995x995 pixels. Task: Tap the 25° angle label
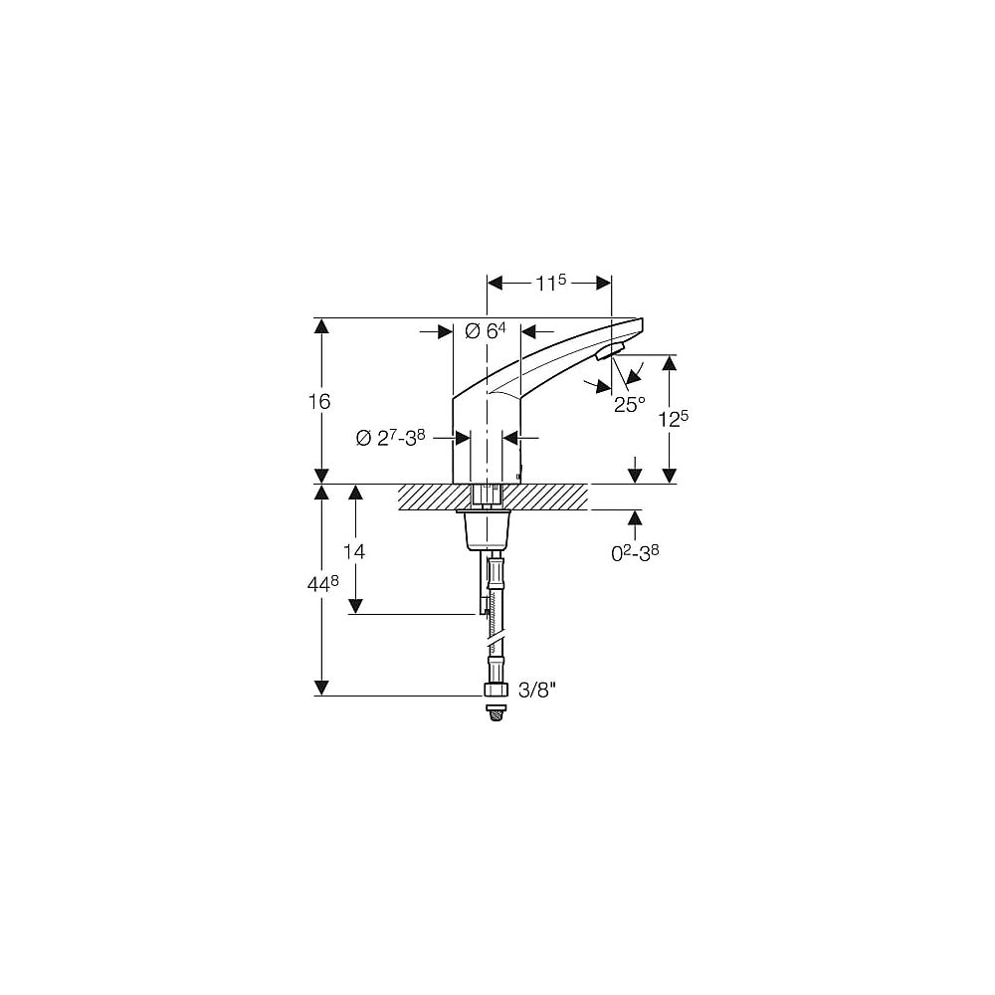click(629, 403)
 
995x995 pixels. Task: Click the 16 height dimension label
click(319, 401)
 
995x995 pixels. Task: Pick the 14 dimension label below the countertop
click(353, 550)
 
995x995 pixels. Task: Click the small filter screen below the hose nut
click(495, 712)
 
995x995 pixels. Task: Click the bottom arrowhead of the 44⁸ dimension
click(321, 688)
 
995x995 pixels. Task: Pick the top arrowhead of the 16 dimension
click(321, 325)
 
